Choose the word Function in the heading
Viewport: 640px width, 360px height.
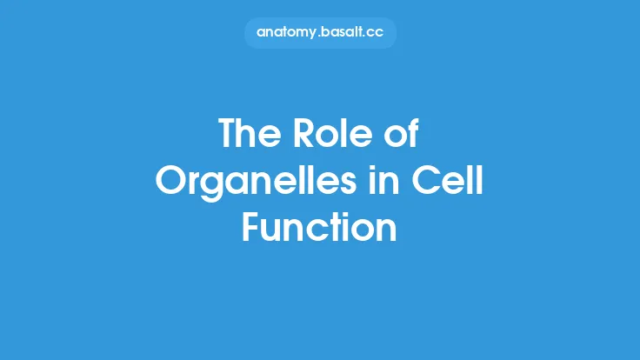click(319, 228)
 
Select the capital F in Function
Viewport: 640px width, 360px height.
click(250, 228)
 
